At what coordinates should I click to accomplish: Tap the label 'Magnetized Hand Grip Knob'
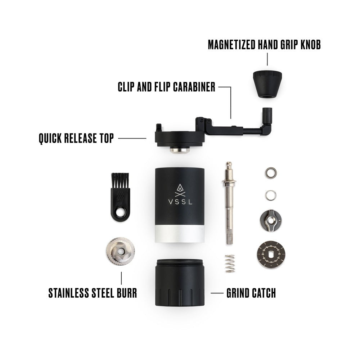coord(264,45)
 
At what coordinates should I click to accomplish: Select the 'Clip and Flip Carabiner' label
coord(166,87)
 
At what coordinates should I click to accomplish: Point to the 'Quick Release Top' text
coord(76,138)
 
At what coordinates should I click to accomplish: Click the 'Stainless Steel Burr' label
coord(93,293)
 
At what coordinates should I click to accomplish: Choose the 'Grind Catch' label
coord(251,293)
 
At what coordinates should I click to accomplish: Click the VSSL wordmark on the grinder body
coord(180,202)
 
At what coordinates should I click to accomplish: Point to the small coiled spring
coord(230,263)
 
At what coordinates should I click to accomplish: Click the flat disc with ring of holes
coord(271,255)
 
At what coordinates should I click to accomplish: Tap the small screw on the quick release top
coord(158,127)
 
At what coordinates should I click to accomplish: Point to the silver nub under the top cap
coord(180,149)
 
